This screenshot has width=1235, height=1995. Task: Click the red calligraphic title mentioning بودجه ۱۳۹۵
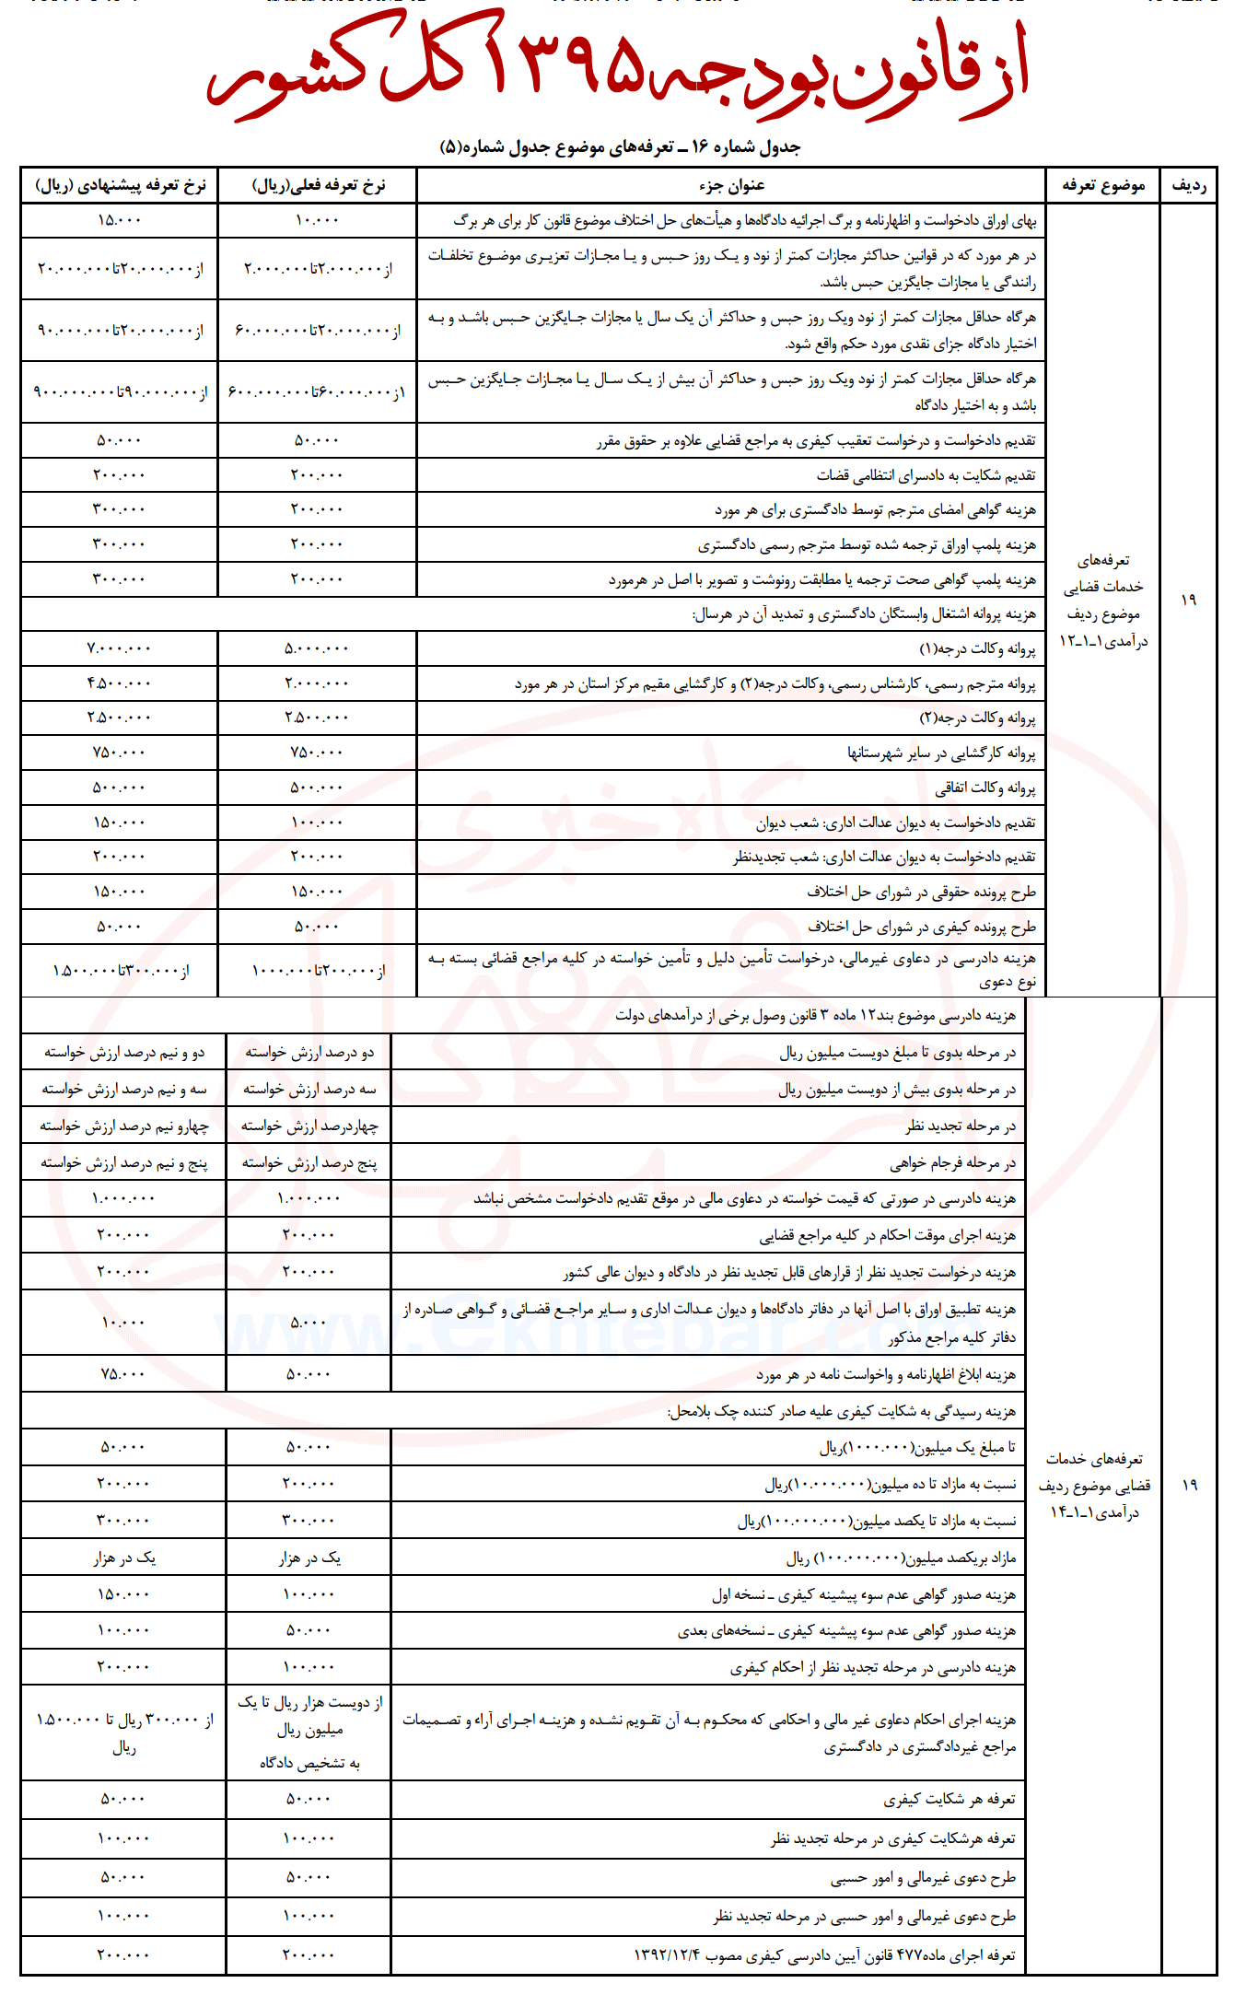tap(617, 69)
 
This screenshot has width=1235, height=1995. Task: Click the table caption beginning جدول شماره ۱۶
tap(620, 146)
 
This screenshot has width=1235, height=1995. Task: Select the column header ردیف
tap(1188, 185)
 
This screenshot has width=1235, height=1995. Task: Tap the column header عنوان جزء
tap(731, 185)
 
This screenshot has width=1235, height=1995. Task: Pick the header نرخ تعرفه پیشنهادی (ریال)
tap(120, 185)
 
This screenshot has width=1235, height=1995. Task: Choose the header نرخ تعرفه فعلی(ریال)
tap(318, 185)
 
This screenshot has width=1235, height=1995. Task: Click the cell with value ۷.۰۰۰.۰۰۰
tap(120, 648)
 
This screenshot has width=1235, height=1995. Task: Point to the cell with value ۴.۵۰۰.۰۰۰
tap(120, 683)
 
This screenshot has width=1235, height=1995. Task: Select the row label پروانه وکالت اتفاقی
tap(985, 787)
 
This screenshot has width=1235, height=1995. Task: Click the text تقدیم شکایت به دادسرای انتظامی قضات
tap(926, 475)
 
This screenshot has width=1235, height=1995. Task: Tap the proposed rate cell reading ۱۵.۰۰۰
tap(120, 220)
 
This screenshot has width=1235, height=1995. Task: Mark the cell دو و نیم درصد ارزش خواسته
tap(124, 1052)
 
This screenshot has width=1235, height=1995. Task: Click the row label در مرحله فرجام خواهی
tap(952, 1163)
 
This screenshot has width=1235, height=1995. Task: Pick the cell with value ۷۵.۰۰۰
tap(123, 1373)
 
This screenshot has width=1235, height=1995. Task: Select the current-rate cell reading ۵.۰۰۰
tap(309, 1323)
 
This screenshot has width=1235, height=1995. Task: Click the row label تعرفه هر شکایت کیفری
tap(949, 1799)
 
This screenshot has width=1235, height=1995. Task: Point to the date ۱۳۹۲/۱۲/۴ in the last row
tap(667, 1955)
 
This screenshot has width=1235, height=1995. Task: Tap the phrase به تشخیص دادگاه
tap(309, 1763)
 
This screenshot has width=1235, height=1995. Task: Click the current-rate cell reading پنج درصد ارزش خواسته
tap(309, 1163)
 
